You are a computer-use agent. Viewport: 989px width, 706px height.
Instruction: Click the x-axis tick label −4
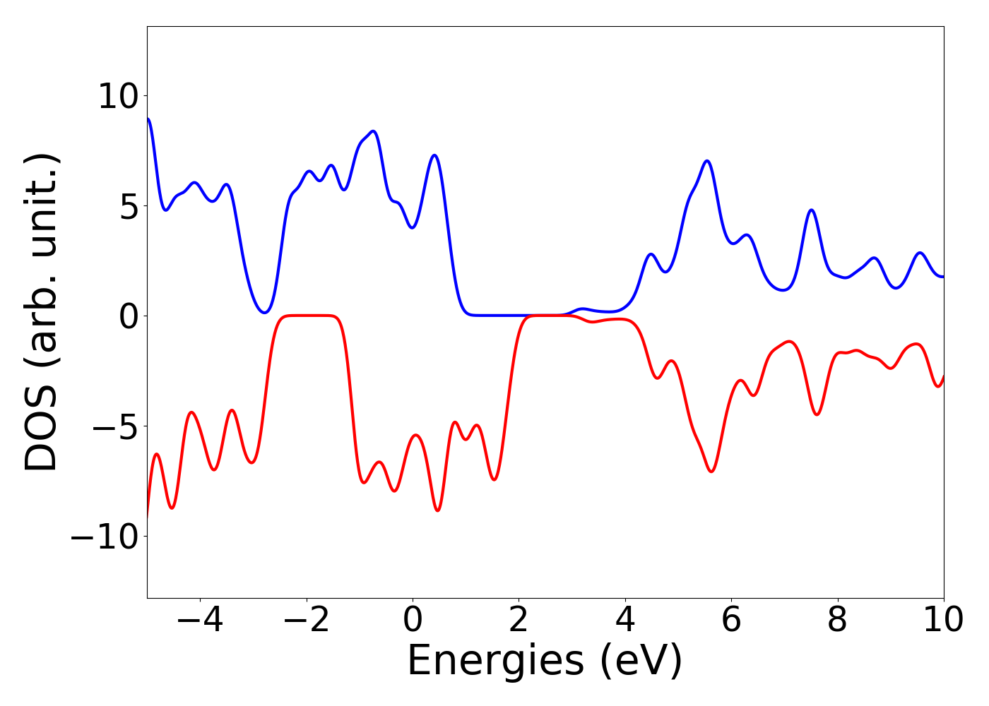click(x=200, y=621)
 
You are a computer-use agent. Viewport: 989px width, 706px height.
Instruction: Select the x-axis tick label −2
click(x=306, y=621)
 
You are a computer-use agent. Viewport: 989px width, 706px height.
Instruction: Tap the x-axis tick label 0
click(x=413, y=621)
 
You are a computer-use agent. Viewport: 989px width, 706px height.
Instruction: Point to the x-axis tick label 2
click(x=519, y=621)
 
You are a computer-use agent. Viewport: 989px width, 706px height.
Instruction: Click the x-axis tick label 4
click(x=625, y=621)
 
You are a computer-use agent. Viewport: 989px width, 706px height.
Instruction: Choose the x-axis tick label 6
click(x=731, y=621)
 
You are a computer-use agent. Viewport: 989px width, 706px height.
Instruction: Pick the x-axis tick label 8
click(x=837, y=621)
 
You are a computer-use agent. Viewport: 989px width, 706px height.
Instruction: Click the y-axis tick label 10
click(x=119, y=96)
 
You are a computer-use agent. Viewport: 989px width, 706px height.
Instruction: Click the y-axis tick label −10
click(x=105, y=537)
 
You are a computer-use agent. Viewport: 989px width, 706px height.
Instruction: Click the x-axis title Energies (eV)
click(x=545, y=662)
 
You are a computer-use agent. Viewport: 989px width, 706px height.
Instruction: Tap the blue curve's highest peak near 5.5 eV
click(x=706, y=161)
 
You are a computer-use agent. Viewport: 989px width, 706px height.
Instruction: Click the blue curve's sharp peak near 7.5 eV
click(x=812, y=210)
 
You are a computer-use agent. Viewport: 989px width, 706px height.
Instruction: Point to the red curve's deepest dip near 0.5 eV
click(x=438, y=510)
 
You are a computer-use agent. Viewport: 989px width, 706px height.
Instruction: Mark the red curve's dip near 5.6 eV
click(x=711, y=471)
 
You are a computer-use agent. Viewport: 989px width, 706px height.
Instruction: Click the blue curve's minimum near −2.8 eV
click(x=264, y=312)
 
